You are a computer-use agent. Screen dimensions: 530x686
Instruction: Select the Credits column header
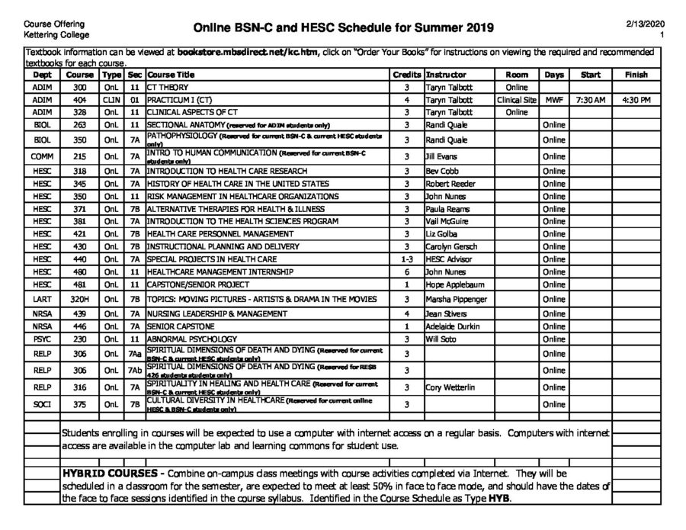coord(407,75)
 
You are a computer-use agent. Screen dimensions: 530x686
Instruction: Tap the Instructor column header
coord(447,75)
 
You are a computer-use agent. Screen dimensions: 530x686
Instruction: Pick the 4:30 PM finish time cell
coord(636,100)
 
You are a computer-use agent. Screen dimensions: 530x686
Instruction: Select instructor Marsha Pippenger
coord(456,299)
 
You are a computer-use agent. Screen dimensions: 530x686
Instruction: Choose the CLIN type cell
coord(111,100)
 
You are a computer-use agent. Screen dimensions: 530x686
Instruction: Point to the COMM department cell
coord(43,156)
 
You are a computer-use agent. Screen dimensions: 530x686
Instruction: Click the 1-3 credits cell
coord(407,259)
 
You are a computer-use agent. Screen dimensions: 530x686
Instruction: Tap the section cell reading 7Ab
coord(135,370)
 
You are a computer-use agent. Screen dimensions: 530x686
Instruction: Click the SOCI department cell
coord(43,404)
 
